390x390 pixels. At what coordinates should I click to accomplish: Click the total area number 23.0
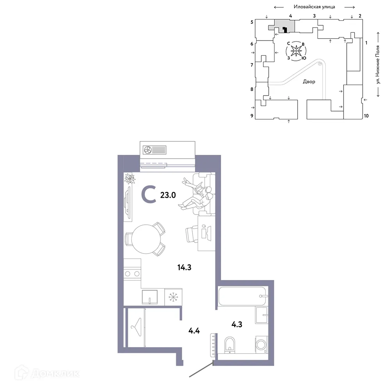[x=168, y=195]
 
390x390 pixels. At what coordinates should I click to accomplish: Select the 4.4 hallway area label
[x=194, y=331]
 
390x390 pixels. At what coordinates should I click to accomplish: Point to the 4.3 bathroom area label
[x=236, y=324]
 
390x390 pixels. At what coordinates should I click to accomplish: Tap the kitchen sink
[x=151, y=297]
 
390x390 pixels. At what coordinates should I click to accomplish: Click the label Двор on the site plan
[x=309, y=82]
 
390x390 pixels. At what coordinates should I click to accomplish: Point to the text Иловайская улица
[x=315, y=7]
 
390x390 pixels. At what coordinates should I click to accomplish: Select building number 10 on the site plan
[x=366, y=116]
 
